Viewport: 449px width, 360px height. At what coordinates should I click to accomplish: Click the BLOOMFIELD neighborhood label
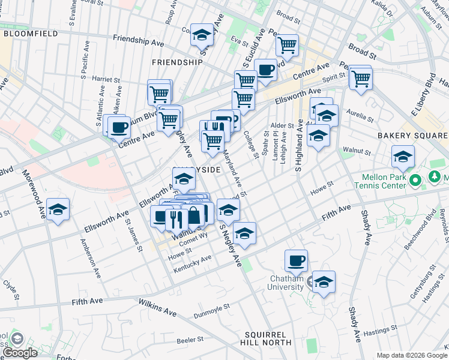29,34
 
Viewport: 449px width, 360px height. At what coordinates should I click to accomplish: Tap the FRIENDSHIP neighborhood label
177,62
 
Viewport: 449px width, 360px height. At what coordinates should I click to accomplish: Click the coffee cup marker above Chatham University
296,260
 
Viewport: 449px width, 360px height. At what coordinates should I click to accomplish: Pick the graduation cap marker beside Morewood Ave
58,209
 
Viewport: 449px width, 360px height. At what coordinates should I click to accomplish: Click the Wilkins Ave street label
158,308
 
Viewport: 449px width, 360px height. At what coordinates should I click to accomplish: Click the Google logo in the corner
20,352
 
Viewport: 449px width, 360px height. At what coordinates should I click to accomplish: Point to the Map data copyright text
412,355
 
